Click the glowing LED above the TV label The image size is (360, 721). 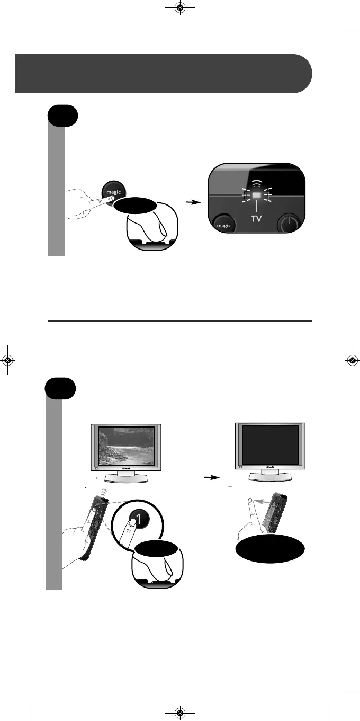(257, 195)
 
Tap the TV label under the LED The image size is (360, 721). (257, 218)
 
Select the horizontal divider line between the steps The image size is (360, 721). (180, 321)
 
